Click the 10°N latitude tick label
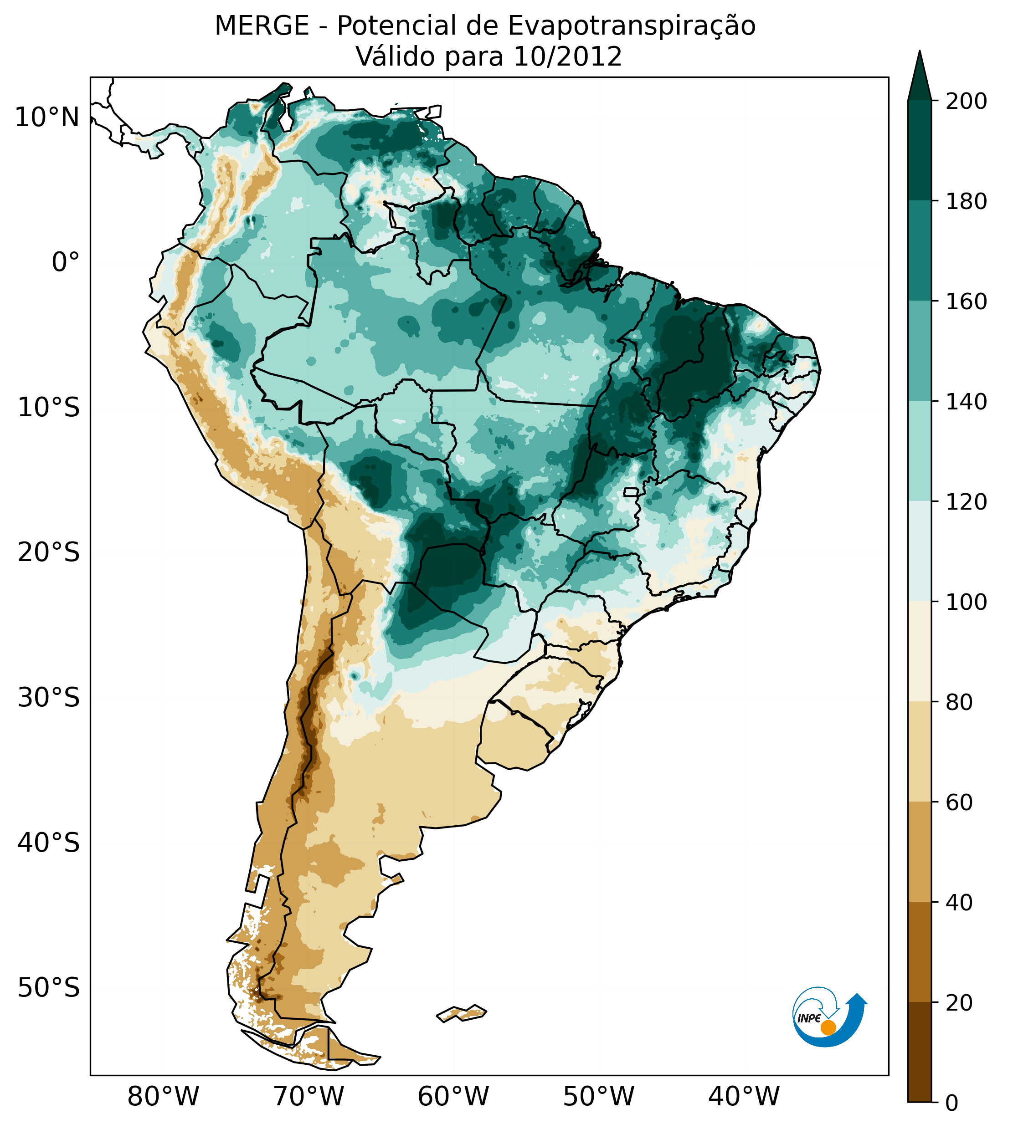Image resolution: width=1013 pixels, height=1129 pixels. pyautogui.click(x=47, y=118)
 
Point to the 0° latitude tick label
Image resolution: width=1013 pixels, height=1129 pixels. pyautogui.click(x=66, y=262)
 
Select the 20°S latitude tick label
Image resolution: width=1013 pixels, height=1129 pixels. pyautogui.click(x=49, y=553)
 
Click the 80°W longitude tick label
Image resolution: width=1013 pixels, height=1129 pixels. pyautogui.click(x=163, y=1097)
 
